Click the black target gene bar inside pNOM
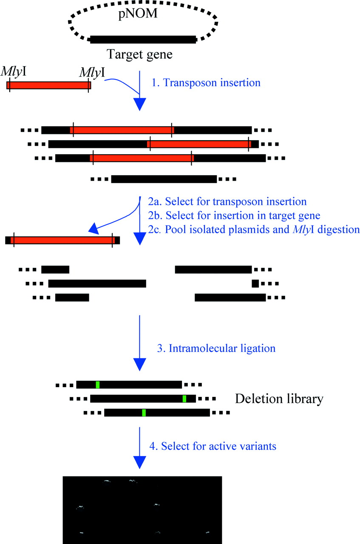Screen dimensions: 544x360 pyautogui.click(x=143, y=39)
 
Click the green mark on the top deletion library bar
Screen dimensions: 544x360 pyautogui.click(x=98, y=385)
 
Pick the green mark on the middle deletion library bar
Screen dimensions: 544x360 pyautogui.click(x=184, y=399)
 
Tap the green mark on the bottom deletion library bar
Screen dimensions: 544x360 pyautogui.click(x=144, y=412)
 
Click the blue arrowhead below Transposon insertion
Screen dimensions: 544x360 pyautogui.click(x=139, y=104)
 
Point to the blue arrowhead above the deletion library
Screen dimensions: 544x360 pyautogui.click(x=139, y=364)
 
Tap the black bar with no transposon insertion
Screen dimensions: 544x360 pyautogui.click(x=164, y=179)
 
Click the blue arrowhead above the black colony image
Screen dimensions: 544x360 pyautogui.click(x=139, y=462)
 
